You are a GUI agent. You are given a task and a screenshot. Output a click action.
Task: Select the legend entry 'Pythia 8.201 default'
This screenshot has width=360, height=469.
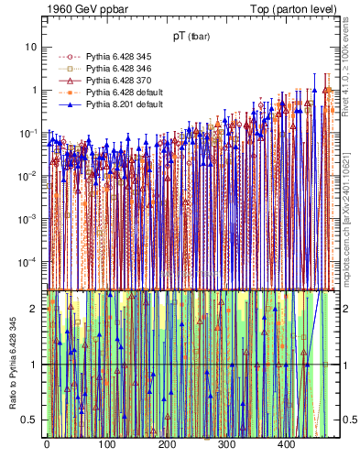pos(123,105)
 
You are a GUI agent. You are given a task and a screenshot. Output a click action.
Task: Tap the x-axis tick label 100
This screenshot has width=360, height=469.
pos(106,444)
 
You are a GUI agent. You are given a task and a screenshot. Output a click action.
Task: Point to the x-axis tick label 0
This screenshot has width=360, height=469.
pos(47,444)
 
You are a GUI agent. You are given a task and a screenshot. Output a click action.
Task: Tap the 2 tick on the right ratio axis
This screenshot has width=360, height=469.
pos(344,309)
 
